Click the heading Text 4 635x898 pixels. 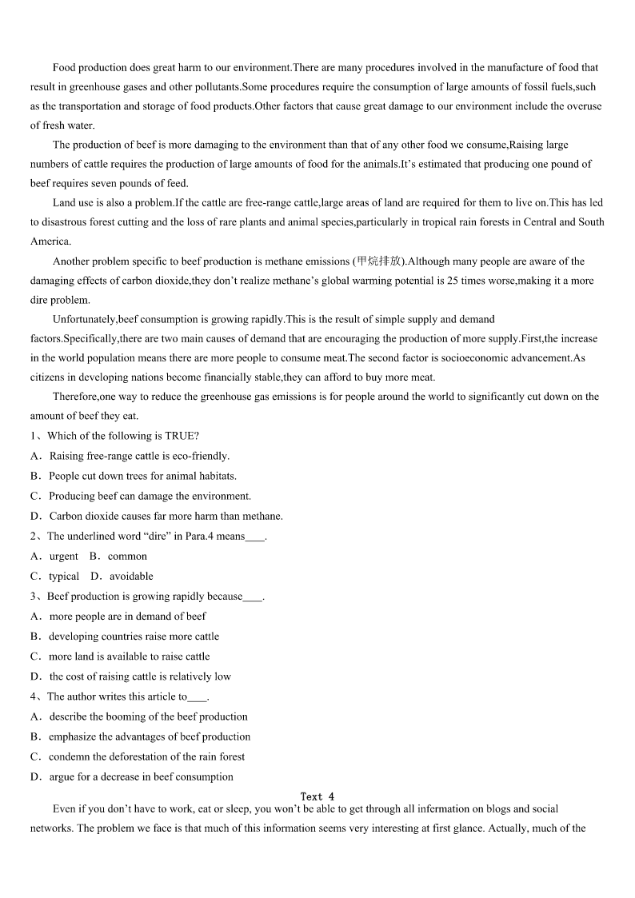point(317,796)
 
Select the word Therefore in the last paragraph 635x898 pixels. point(74,397)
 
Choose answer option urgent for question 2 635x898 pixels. point(63,557)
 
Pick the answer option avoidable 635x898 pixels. point(131,577)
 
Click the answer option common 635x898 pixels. point(127,557)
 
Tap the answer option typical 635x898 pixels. point(63,577)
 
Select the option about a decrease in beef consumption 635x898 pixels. point(141,776)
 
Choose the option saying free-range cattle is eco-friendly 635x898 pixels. point(139,456)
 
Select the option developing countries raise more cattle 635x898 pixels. point(134,637)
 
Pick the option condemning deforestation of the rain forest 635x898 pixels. point(146,756)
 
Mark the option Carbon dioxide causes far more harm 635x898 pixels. point(166,516)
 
